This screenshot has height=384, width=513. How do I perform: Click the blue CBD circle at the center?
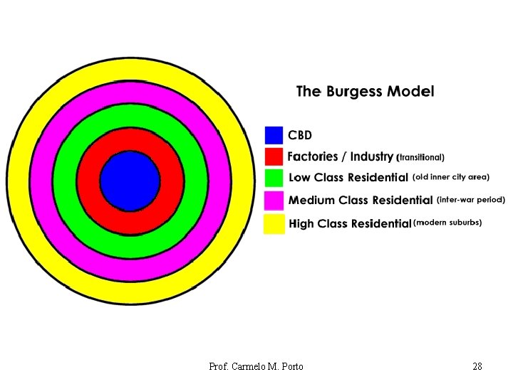(130, 181)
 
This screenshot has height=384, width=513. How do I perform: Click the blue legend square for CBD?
(274, 135)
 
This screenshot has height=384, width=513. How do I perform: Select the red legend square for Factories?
(274, 156)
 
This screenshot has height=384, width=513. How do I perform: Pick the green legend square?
(274, 178)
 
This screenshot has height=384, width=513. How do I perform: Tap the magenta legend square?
(274, 201)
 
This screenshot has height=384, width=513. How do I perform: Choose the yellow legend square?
(274, 224)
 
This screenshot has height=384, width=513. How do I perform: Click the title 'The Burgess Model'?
(365, 92)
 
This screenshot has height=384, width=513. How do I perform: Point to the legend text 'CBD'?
(300, 135)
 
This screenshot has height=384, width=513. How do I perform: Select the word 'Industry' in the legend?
(371, 156)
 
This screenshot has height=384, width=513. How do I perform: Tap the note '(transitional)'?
(421, 157)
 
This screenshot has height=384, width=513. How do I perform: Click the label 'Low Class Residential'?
(348, 178)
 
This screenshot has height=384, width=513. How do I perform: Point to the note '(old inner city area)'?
(451, 177)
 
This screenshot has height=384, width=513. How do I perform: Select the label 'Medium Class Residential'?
(361, 201)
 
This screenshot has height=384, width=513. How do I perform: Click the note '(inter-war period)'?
(470, 200)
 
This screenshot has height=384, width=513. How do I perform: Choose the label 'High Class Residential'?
(350, 223)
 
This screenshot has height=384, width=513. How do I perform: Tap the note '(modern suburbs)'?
(447, 223)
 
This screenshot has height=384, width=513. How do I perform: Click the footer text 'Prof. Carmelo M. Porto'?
(256, 366)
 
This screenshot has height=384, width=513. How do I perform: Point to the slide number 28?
(477, 366)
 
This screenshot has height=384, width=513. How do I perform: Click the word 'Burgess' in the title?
(355, 92)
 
